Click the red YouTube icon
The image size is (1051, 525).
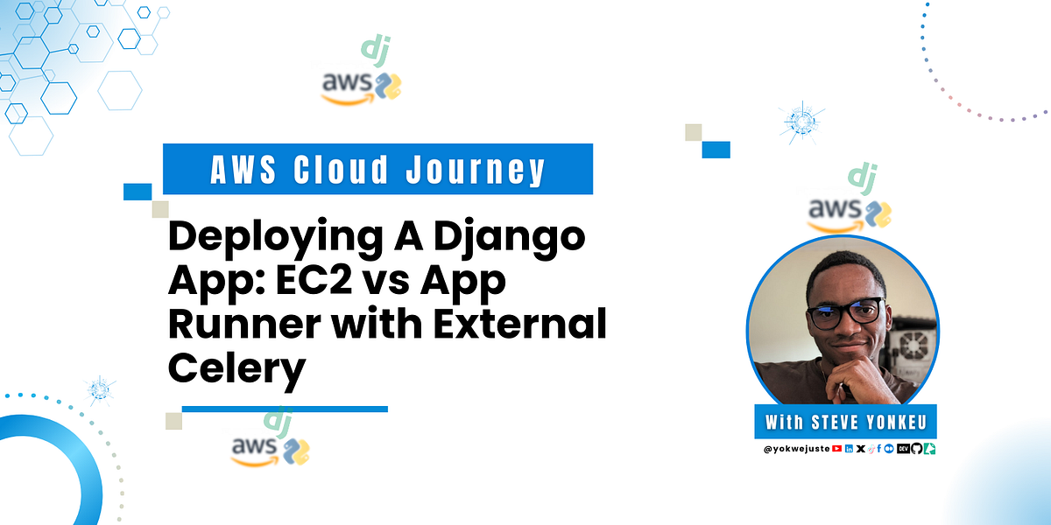pyautogui.click(x=837, y=448)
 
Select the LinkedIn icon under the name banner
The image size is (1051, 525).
pyautogui.click(x=850, y=448)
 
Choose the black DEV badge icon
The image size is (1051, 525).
pyautogui.click(x=902, y=448)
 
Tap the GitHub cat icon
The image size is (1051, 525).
pyautogui.click(x=916, y=448)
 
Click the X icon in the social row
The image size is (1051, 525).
pyautogui.click(x=861, y=448)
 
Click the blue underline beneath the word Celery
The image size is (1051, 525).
pyautogui.click(x=285, y=408)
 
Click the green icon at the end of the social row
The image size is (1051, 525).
pyautogui.click(x=928, y=448)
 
